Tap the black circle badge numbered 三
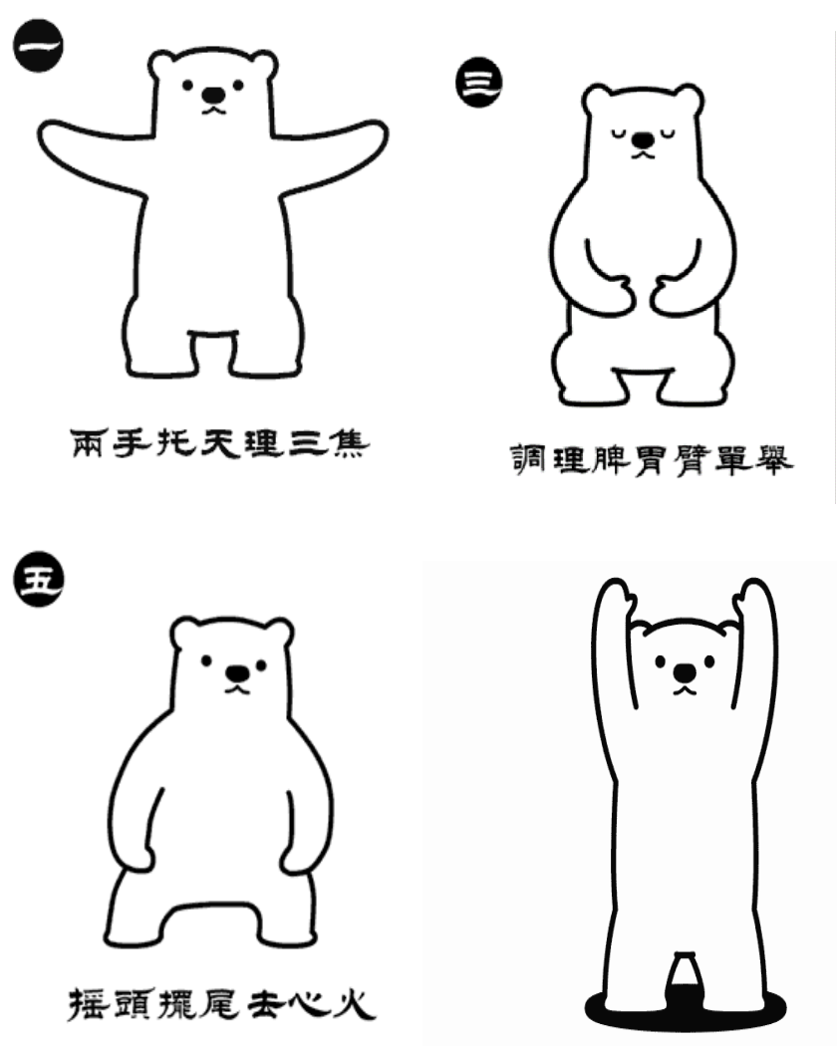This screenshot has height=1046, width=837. point(478,82)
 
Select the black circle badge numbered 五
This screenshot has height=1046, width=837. point(38,579)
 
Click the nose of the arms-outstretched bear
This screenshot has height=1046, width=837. point(213,96)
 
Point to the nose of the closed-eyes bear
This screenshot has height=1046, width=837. point(643,140)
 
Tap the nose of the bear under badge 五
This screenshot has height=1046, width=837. point(237,673)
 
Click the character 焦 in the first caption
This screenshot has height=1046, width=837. point(349,443)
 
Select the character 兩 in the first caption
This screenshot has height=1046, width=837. point(87,443)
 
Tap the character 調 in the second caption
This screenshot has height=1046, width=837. point(528,459)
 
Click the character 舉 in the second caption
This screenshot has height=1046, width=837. point(773,459)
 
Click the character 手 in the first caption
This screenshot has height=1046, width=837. point(131,443)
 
